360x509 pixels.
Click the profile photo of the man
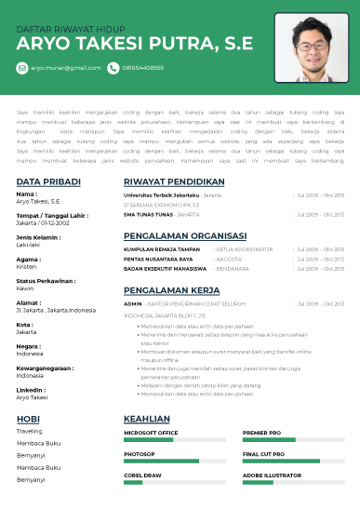(311, 48)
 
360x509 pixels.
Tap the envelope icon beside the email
(22, 68)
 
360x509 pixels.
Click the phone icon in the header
(113, 68)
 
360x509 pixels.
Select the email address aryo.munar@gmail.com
(65, 68)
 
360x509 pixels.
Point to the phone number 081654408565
(143, 68)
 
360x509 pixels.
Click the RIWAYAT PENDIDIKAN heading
(175, 181)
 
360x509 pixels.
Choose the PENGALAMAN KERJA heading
(167, 289)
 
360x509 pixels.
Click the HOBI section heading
(29, 419)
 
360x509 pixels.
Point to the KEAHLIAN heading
(146, 419)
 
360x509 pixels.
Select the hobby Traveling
(29, 431)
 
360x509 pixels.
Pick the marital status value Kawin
(25, 288)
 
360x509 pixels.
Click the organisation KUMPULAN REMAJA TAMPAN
(162, 249)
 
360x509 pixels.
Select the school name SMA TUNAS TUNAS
(148, 214)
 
